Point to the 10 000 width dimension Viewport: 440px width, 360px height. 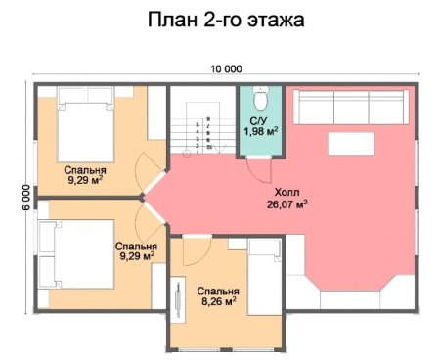tap(225, 68)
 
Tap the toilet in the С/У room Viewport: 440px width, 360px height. tap(260, 99)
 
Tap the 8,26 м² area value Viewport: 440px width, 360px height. tap(216, 303)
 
